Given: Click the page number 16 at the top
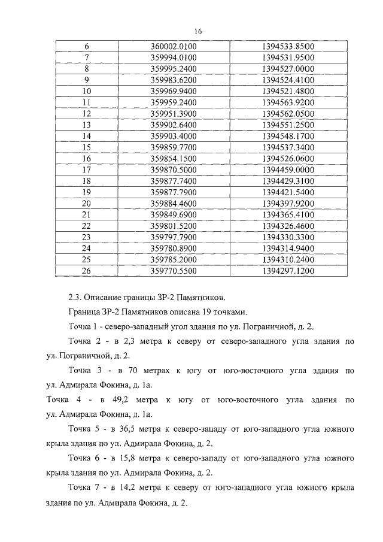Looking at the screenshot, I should tap(197, 32).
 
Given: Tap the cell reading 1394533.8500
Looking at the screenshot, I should tap(288, 47).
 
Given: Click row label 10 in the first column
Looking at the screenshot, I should tap(86, 92).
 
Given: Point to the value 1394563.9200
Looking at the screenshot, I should tap(288, 102).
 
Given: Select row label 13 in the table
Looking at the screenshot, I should tap(86, 125).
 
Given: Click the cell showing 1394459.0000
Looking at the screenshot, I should tap(288, 170).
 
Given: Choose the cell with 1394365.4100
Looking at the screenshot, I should tap(288, 214).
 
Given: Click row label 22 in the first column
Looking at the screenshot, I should tap(86, 226).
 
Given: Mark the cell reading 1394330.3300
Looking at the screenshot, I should tap(288, 237).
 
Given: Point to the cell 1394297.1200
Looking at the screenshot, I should tap(288, 271).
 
